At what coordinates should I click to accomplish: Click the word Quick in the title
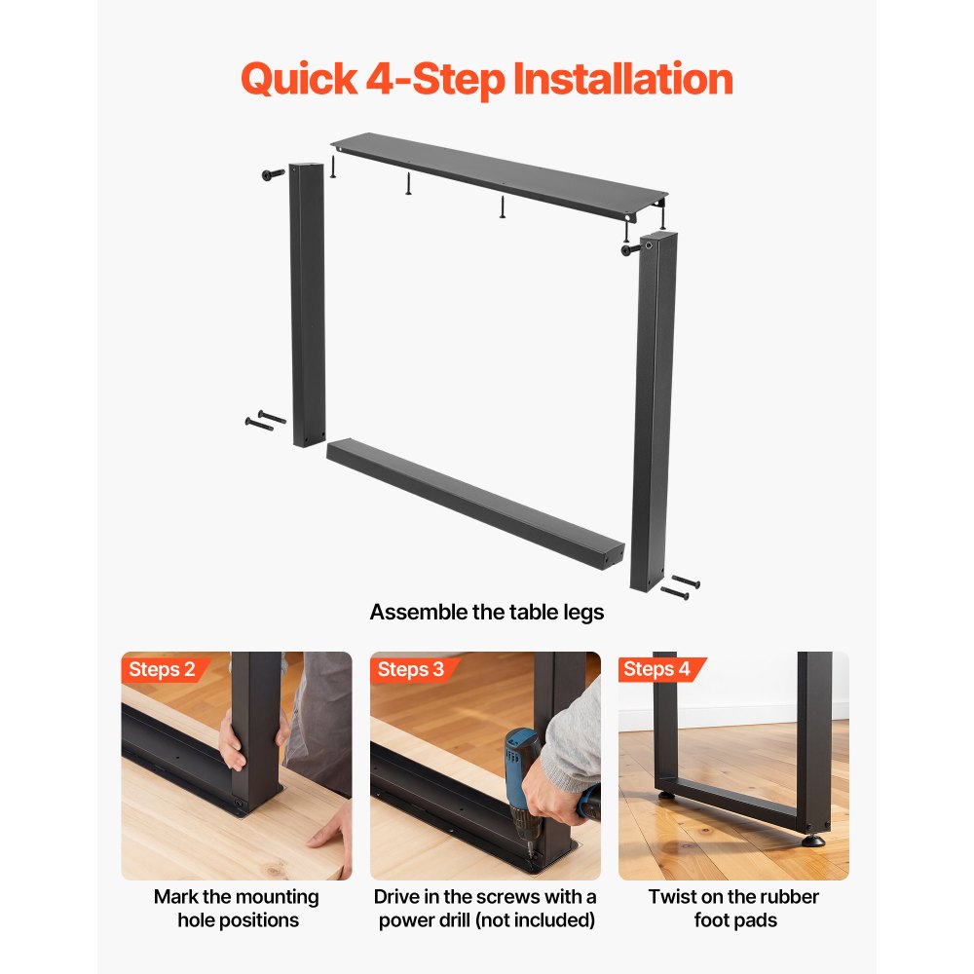(299, 79)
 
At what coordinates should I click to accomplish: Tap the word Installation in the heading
(623, 79)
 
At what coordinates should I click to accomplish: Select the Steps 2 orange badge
(163, 669)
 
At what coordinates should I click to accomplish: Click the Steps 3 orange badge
(411, 669)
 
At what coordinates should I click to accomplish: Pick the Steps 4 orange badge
(657, 669)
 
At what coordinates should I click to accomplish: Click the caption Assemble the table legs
(487, 613)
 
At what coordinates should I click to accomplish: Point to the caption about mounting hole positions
(237, 908)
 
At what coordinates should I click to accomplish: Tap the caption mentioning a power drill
(485, 908)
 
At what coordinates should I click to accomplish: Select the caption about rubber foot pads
(733, 908)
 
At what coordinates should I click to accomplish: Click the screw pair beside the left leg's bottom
(265, 421)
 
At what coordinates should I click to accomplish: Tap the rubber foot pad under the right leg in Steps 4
(812, 840)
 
